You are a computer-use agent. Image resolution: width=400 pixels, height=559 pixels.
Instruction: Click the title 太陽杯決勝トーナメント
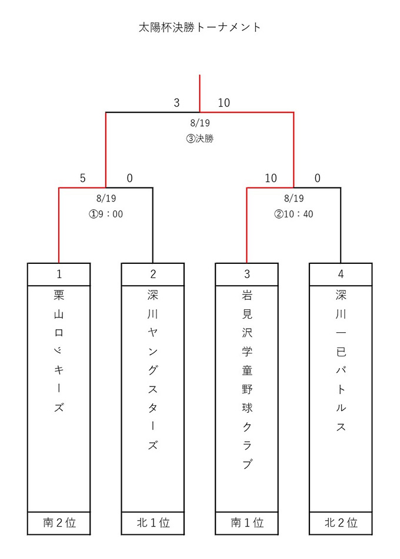coord(199,28)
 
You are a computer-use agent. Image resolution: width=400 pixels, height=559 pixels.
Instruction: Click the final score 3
coord(176,103)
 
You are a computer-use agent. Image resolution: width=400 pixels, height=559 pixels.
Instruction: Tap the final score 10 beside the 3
coord(224,103)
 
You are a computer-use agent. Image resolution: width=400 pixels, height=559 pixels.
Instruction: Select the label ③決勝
coord(199,138)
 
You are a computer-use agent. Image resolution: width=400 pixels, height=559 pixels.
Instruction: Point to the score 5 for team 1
coord(82,178)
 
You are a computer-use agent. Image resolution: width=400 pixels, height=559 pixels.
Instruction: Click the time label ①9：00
coord(106,214)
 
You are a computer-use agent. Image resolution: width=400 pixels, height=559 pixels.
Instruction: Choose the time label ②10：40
coord(294,214)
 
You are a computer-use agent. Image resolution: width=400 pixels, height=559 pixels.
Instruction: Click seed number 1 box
coord(59,274)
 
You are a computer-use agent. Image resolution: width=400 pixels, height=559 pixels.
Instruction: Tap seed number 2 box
coord(153,274)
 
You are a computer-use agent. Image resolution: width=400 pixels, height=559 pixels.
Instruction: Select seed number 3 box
coord(246,274)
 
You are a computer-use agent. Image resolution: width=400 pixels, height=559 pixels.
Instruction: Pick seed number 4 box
coord(341,274)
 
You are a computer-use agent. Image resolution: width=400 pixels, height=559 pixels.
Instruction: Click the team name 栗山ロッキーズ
coord(59,351)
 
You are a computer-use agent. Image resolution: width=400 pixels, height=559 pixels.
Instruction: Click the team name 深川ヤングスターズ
coord(153,370)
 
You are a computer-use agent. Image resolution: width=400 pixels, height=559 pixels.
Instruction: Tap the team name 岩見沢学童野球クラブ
coord(246,379)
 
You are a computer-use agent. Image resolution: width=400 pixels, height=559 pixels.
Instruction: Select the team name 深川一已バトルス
coord(341,360)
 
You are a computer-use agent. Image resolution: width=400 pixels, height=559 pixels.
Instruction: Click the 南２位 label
coord(59,522)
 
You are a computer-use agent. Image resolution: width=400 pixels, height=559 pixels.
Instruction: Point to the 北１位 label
coord(154,522)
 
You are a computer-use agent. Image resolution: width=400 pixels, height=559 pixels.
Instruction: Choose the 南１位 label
coord(247,522)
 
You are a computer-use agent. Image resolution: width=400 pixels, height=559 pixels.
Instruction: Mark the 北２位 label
coord(341,522)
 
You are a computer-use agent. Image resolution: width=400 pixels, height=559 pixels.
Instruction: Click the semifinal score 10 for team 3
coord(271,178)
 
